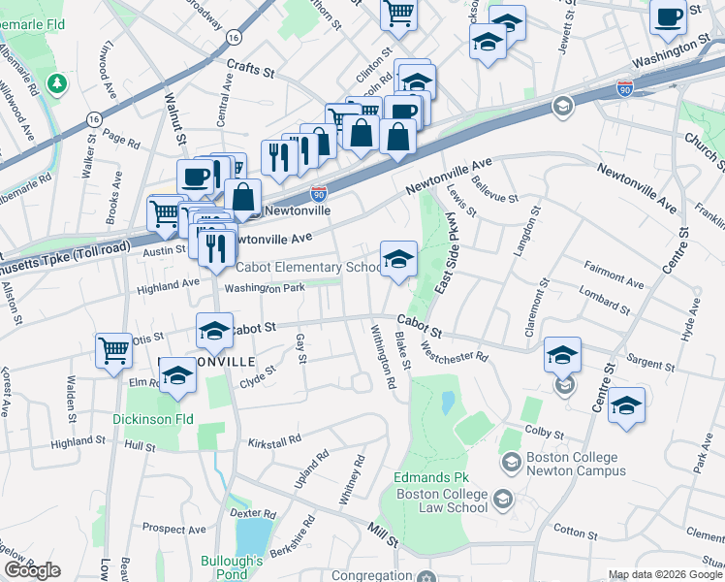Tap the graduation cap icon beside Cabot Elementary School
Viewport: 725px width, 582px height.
[398, 259]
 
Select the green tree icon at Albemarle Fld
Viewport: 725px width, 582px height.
[58, 84]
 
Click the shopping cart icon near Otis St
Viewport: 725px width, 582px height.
[114, 351]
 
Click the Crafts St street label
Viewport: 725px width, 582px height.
[252, 66]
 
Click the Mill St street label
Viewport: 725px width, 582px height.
[382, 533]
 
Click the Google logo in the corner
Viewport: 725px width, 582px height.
[32, 570]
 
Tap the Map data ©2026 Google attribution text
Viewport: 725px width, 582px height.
[664, 574]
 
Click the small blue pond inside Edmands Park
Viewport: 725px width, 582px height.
[447, 402]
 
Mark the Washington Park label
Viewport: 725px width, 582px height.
[265, 288]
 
